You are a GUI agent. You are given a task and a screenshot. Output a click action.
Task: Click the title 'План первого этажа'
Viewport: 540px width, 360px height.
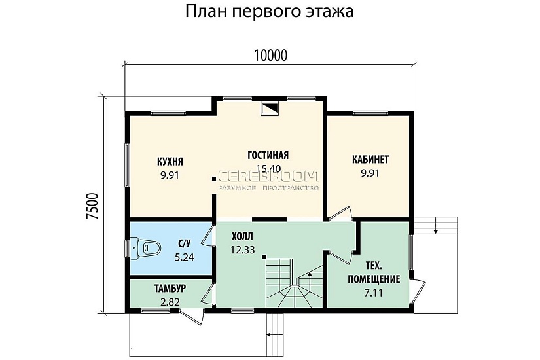[270, 12]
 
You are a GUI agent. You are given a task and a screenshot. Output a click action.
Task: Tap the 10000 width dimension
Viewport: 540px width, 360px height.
[270, 56]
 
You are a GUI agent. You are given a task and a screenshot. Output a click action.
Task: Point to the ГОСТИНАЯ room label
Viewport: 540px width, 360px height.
[268, 155]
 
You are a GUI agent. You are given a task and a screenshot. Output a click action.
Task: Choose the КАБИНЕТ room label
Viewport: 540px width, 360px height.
[370, 160]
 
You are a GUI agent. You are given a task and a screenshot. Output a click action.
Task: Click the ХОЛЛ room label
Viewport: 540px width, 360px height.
[242, 236]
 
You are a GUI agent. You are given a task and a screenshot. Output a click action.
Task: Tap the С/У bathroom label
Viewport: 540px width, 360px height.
[185, 244]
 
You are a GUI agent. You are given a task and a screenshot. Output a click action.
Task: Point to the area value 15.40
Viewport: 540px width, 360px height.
[268, 169]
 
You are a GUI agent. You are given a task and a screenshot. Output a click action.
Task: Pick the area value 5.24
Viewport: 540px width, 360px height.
[184, 258]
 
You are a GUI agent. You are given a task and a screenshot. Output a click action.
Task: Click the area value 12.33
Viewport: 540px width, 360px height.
[242, 249]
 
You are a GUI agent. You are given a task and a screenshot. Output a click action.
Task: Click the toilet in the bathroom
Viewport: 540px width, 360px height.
[145, 247]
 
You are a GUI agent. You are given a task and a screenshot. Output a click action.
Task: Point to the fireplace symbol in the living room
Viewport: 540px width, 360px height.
[269, 109]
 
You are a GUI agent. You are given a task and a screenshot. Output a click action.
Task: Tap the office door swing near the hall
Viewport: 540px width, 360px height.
[338, 214]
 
